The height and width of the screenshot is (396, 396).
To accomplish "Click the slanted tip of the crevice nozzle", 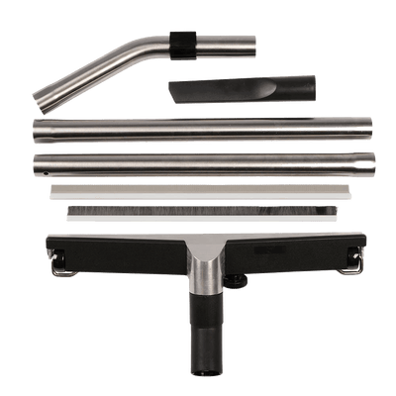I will click(x=178, y=93).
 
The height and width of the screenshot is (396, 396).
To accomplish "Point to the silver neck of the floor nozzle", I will click(x=198, y=272).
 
